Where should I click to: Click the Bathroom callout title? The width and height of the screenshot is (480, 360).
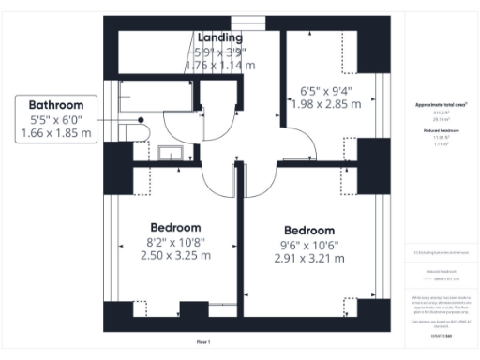tap(57, 105)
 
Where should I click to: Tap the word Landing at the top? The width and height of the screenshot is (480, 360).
tap(219, 37)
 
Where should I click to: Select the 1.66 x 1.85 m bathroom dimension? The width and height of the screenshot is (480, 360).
tap(57, 134)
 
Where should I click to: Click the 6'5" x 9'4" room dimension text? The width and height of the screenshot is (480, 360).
tap(322, 90)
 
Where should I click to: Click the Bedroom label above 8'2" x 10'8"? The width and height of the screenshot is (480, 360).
tap(175, 227)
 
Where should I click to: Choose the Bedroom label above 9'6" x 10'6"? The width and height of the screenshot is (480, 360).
tap(309, 231)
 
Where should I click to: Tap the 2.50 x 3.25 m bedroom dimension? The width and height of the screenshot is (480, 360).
tap(175, 254)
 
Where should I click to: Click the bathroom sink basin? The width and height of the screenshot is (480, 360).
tap(170, 152)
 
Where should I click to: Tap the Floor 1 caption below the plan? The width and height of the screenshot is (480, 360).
tap(202, 342)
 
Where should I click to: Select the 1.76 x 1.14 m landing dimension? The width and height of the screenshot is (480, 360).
tap(219, 66)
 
